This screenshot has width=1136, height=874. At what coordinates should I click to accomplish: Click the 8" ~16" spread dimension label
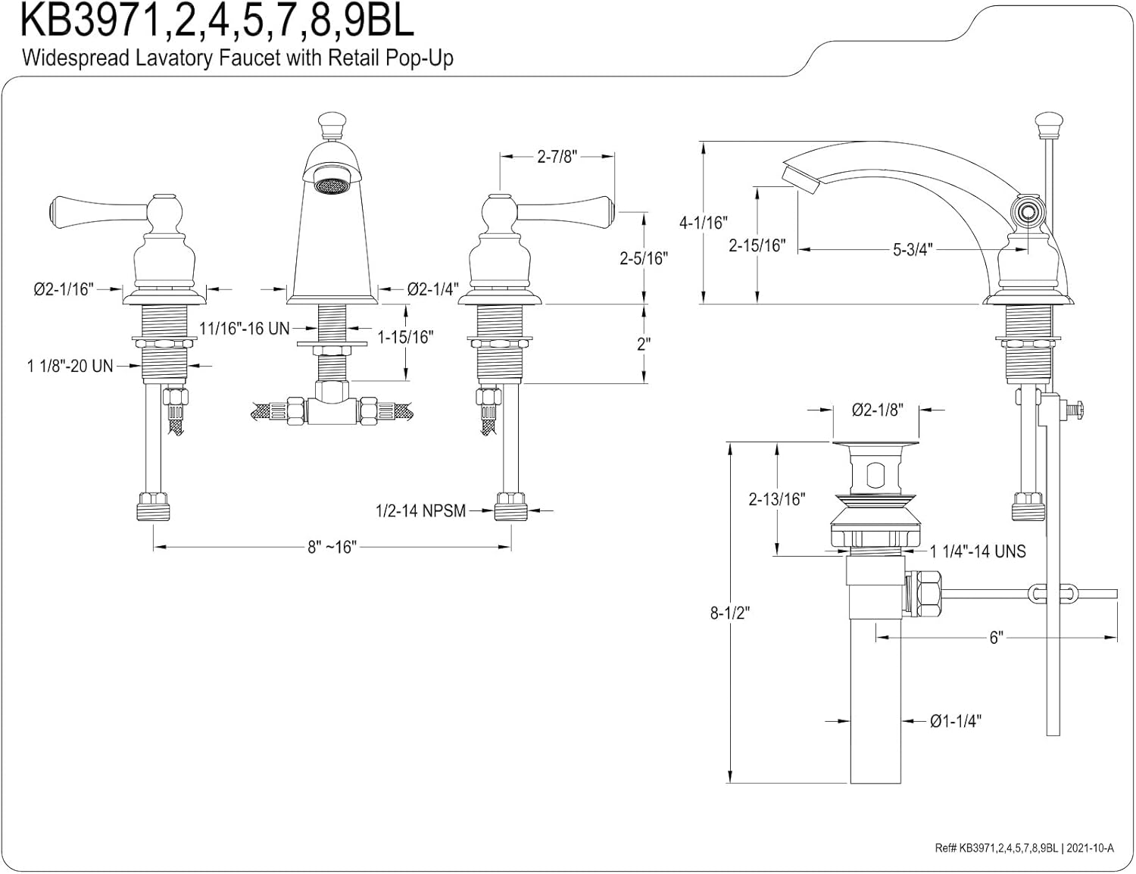pos(332,547)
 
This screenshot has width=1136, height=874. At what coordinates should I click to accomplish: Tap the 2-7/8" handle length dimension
pos(557,157)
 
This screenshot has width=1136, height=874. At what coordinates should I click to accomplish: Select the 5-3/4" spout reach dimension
pos(912,249)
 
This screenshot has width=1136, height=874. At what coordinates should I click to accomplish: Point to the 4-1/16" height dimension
pos(703,223)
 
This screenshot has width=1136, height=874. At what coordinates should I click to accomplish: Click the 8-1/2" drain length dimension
pos(729,613)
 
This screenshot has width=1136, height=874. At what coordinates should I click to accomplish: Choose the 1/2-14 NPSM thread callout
pos(420,510)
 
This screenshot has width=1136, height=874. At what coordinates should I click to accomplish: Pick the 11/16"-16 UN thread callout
pos(245,328)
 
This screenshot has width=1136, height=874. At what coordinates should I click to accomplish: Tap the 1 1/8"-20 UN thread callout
pos(70,367)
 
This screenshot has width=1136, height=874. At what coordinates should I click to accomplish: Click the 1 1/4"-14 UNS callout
pos(978,551)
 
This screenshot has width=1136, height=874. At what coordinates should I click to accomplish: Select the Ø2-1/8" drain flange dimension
pos(877,410)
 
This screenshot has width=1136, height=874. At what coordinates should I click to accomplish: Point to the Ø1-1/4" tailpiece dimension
pos(956,721)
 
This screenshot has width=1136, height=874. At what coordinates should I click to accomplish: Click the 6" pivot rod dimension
pos(996,637)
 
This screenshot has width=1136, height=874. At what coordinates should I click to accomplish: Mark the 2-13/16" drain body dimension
pos(776,499)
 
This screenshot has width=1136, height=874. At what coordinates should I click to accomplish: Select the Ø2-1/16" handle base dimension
pos(63,289)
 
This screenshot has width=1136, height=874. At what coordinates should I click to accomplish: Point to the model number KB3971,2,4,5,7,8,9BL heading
pos(217,21)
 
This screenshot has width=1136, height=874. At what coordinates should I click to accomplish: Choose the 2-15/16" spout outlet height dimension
pos(757,245)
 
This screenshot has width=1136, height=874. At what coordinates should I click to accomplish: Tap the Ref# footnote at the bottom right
pos(1024,848)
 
